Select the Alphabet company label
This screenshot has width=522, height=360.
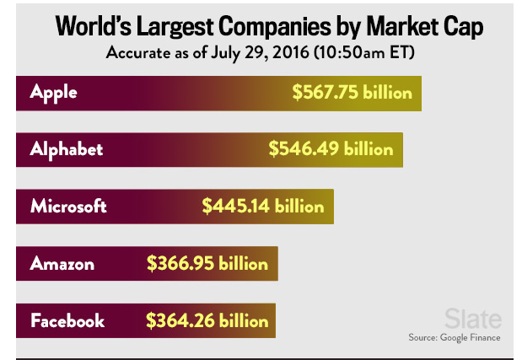67,149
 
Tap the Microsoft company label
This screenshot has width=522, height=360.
68,206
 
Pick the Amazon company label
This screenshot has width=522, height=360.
62,264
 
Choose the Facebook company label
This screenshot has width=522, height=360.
67,320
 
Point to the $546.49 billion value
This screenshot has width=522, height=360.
331,149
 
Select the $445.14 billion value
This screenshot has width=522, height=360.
263,206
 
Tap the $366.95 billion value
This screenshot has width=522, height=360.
207,264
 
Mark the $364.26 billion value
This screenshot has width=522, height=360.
207,320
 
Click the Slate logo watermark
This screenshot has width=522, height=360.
473,319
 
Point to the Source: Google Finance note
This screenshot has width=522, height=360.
455,337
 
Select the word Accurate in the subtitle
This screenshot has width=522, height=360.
137,53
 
